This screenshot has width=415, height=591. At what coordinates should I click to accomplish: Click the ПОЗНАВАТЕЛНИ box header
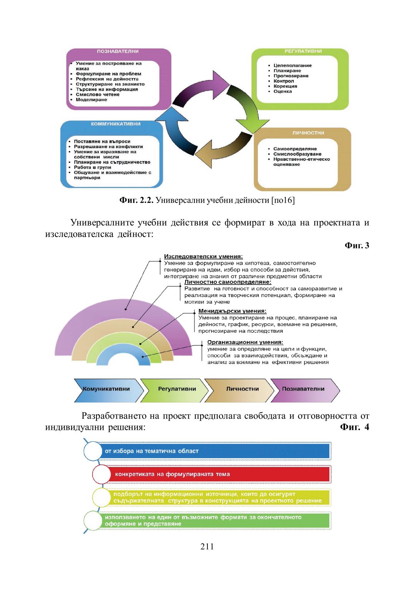118,52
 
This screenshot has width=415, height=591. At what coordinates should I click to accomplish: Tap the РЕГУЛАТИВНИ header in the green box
303,51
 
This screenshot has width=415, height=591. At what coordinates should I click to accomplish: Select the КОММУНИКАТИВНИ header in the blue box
116,124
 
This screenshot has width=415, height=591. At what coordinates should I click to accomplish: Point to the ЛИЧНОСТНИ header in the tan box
308,133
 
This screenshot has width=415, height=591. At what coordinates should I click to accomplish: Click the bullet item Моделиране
91,100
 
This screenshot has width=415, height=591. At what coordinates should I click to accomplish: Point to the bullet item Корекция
285,87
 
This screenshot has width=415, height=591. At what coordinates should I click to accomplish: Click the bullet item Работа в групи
92,167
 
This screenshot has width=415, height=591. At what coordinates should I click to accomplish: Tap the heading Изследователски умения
203,257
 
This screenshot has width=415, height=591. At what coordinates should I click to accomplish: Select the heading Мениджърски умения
232,311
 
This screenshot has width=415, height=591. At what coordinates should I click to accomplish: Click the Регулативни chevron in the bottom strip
176,389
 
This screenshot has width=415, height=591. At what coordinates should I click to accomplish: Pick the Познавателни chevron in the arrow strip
303,389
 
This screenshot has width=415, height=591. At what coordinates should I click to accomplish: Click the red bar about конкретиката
219,474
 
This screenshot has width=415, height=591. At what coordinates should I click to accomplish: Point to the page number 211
207,547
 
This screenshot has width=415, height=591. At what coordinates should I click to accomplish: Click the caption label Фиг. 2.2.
136,200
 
